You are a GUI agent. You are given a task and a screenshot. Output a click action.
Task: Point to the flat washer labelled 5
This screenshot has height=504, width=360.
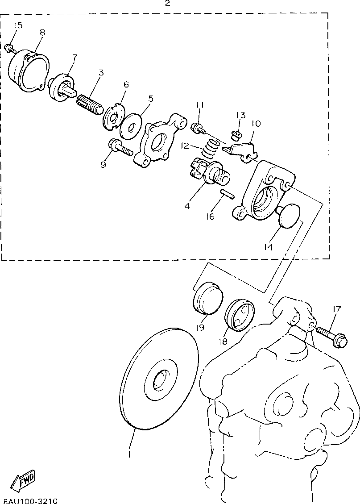click(x=131, y=124)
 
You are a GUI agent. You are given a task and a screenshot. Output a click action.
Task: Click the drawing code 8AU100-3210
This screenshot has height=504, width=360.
click(x=29, y=501)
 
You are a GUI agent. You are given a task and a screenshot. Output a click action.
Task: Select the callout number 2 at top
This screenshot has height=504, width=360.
click(x=167, y=4)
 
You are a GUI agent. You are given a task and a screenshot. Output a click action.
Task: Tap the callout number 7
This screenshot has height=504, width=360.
click(x=74, y=58)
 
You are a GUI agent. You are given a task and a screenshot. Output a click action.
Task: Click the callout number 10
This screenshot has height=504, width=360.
click(x=256, y=124)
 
